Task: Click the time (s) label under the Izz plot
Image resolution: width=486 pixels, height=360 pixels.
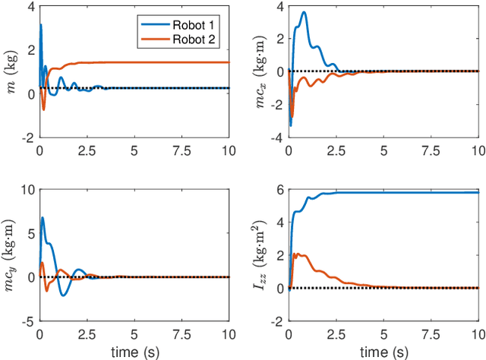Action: coord(382,353)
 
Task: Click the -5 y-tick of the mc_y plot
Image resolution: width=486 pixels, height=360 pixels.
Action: coord(30,322)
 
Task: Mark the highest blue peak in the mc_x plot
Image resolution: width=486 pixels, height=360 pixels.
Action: coord(304,12)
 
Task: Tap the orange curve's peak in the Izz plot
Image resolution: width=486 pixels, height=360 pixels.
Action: coord(295,254)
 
